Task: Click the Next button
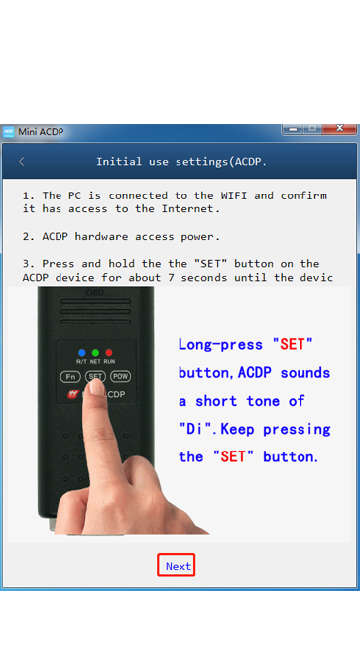point(176,565)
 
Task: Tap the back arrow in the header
point(22,162)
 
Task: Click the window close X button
point(339,128)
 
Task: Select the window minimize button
point(293,128)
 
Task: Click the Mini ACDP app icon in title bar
point(8,132)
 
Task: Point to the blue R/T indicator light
point(81,353)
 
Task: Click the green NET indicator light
point(95,353)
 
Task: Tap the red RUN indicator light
point(109,353)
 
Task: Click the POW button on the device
point(120,376)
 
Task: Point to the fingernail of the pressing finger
point(96,387)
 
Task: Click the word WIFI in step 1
point(234,195)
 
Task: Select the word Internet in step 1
point(187,209)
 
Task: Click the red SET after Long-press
point(293,344)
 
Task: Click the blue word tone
point(263,401)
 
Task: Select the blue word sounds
point(305,373)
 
